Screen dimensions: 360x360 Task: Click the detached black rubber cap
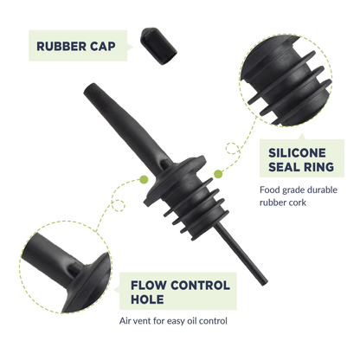coord(158,46)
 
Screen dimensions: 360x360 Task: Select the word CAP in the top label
coord(103,47)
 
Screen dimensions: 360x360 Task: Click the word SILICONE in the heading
coord(297,153)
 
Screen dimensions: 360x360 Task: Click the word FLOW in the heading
coord(149,286)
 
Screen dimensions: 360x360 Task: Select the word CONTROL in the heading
coord(200,286)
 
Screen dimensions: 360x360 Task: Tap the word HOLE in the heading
coord(147,299)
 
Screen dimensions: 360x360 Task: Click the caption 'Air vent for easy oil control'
coord(173,321)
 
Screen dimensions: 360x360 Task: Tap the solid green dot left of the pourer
coord(144,180)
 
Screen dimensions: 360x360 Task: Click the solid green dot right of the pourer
coord(218,174)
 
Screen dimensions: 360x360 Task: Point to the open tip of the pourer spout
coord(89,87)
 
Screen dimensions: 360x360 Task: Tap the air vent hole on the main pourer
coord(165,164)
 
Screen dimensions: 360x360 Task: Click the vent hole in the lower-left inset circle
coord(74,270)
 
